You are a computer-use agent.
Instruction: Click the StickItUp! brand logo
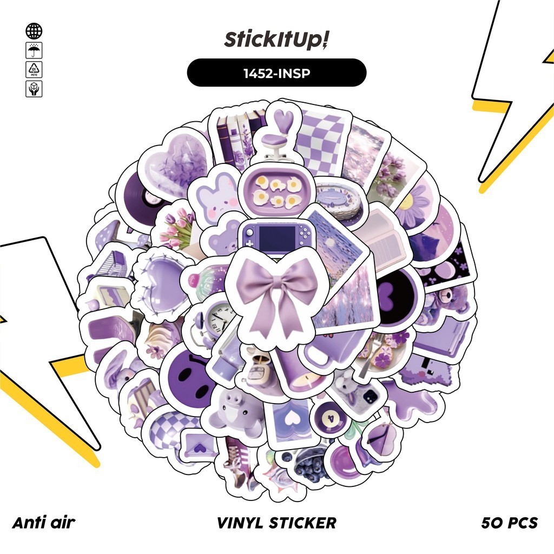coord(276,41)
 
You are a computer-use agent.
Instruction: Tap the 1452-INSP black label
coord(276,73)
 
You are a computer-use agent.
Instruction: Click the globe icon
coord(34,31)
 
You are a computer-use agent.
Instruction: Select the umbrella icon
coord(34,51)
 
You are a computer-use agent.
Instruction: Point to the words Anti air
coord(43,523)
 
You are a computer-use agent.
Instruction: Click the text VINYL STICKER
coord(276,523)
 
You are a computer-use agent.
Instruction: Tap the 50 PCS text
coord(509,523)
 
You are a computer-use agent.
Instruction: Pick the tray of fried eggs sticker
coord(276,192)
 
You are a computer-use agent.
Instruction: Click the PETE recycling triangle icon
coord(34,70)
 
